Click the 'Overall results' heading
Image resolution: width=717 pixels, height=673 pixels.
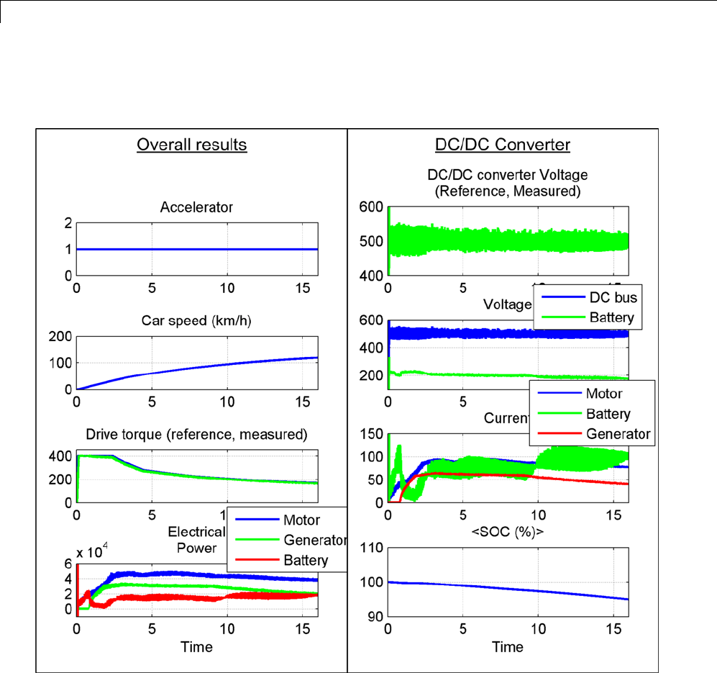coord(192,145)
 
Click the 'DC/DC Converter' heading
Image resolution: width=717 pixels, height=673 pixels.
coord(503,145)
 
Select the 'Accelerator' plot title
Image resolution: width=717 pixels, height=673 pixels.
coord(197,207)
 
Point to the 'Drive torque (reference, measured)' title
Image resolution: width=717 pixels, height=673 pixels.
coord(197,435)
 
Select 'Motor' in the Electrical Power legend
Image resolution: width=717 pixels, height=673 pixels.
coord(302,520)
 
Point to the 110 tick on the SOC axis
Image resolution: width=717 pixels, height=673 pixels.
coord(372,549)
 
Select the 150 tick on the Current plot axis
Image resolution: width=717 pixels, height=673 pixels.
coord(372,433)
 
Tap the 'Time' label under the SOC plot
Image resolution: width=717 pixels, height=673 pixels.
coord(508,647)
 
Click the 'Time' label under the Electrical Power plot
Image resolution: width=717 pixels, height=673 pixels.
coord(197,647)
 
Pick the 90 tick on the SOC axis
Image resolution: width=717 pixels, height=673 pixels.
coord(375,616)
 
